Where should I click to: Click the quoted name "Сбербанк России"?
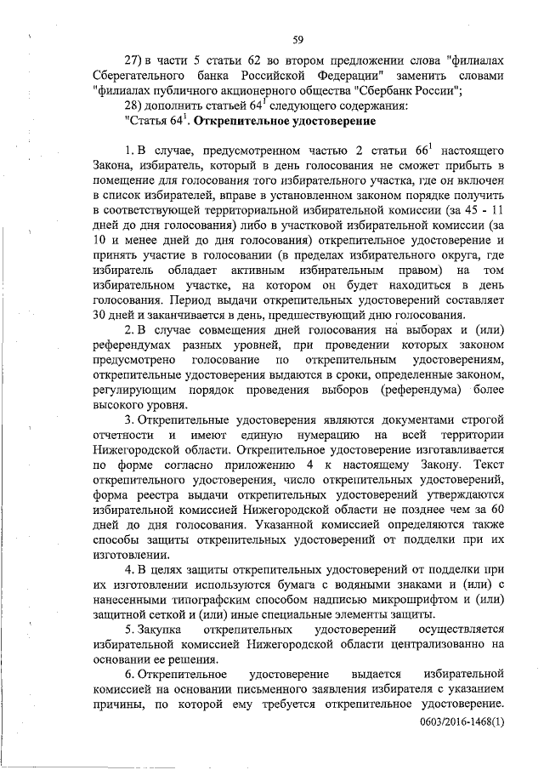[x=413, y=91]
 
